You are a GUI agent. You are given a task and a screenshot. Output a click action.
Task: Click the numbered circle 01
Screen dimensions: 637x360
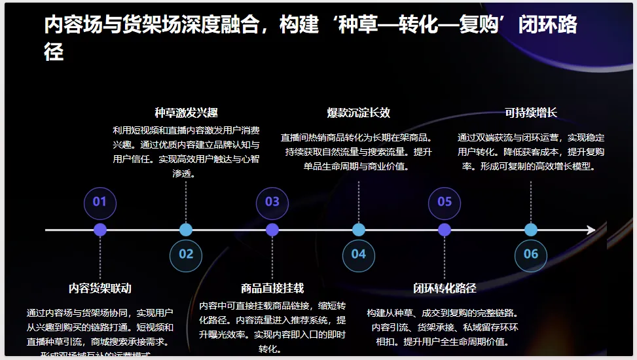tap(100, 202)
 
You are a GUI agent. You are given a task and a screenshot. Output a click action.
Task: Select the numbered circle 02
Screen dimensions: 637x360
tap(186, 255)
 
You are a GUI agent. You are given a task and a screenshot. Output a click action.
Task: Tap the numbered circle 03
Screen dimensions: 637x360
tap(272, 202)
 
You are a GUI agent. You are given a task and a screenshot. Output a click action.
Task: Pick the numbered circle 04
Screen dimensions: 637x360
tap(358, 255)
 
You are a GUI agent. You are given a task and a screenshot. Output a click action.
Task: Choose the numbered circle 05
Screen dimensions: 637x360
tap(445, 202)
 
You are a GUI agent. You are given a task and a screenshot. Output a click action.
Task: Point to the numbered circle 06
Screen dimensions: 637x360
tap(530, 255)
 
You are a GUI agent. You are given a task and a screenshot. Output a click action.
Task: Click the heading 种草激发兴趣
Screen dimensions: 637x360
tap(186, 113)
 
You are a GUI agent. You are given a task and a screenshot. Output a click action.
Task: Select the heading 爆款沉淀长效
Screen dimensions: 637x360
tap(358, 113)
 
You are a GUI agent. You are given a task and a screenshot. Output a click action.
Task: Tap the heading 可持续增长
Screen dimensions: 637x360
tap(530, 113)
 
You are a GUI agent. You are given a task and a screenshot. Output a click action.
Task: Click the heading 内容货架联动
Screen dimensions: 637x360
tap(100, 289)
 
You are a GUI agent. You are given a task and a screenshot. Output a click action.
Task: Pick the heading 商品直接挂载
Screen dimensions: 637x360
tap(272, 289)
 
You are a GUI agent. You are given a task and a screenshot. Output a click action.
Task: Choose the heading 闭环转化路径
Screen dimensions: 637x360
tap(445, 289)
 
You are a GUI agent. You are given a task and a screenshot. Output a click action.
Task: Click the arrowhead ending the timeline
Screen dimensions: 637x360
tap(591, 230)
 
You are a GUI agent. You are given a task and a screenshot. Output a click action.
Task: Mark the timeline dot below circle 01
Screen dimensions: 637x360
tap(100, 230)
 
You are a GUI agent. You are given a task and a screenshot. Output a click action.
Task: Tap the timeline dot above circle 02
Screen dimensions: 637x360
tap(186, 230)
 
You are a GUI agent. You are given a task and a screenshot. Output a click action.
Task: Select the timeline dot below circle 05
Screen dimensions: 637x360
tap(445, 230)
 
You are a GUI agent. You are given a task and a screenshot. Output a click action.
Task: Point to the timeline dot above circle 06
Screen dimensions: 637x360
tap(531, 230)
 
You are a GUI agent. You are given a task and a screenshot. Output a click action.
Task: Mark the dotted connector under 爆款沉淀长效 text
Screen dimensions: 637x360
tap(359, 200)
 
